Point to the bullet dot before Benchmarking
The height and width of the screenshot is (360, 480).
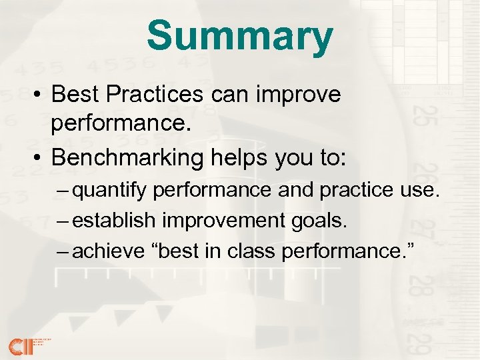(x=39, y=159)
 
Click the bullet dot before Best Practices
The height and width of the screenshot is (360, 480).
(x=39, y=95)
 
